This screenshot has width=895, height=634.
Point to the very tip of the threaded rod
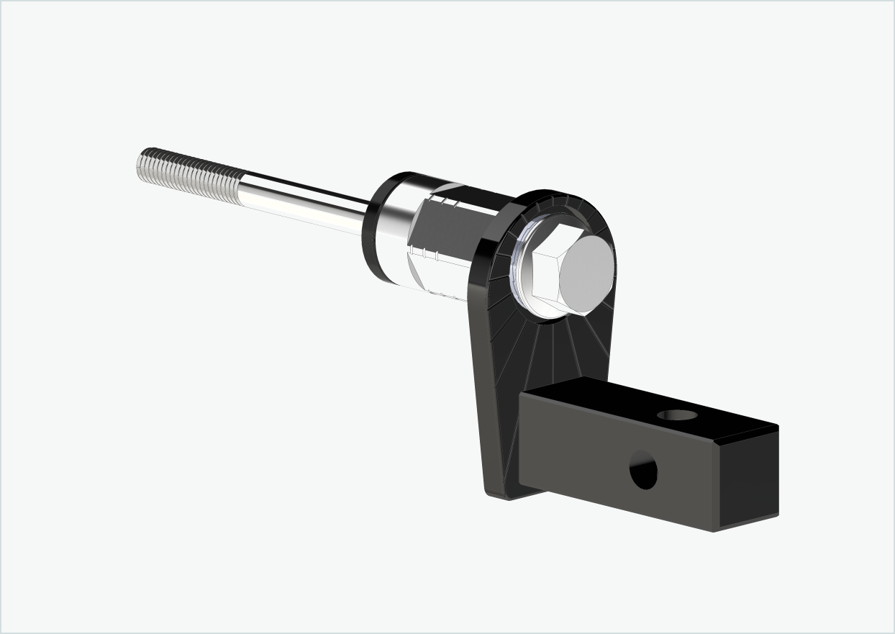138,163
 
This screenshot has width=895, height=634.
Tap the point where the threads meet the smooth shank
243,185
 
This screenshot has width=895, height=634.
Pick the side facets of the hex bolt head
543,277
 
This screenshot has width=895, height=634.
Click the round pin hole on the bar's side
643,470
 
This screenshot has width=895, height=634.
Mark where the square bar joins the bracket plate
519,439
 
